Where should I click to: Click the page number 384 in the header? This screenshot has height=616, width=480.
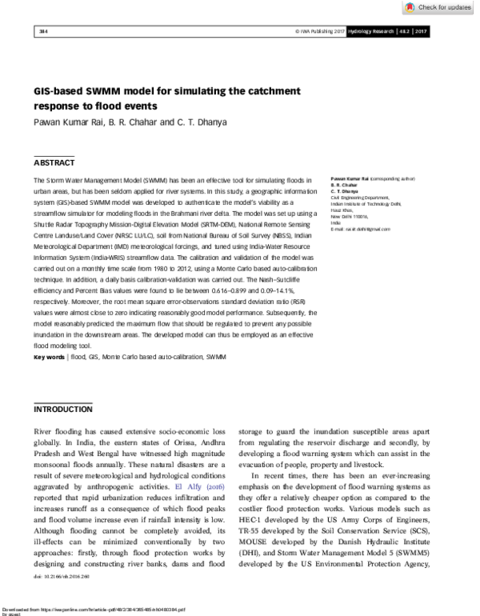pyautogui.click(x=43, y=31)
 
